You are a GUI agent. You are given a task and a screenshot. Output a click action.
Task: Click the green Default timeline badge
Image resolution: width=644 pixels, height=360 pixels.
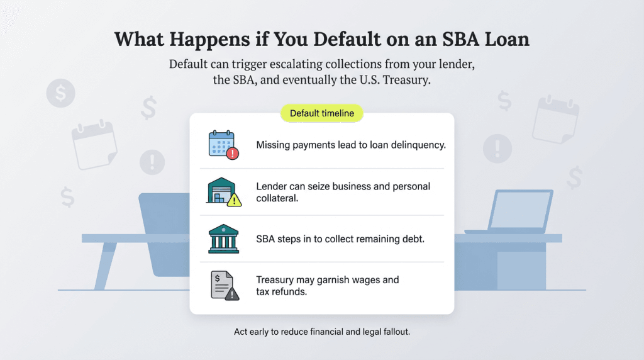coord(321,114)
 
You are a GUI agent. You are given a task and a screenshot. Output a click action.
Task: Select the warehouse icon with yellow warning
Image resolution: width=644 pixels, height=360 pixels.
coord(223,191)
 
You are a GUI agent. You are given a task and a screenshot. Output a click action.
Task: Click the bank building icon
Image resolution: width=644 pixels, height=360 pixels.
coord(223,239)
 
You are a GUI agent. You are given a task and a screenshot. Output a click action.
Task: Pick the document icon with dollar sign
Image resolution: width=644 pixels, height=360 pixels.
coord(223,285)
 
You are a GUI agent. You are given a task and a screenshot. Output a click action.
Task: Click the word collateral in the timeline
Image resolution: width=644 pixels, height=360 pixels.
coord(278,198)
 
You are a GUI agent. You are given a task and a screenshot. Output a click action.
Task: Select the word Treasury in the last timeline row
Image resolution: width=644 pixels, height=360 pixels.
coord(277,279)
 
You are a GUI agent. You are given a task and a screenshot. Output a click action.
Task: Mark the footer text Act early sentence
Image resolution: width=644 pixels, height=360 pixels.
coord(321,331)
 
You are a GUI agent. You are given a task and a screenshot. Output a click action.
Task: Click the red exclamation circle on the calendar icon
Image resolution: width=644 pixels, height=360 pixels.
coord(234,153)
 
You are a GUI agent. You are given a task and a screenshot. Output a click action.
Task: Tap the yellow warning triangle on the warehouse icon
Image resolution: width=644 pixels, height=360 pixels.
coord(235,200)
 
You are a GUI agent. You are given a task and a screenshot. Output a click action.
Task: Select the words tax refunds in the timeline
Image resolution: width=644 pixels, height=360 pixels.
coord(282,292)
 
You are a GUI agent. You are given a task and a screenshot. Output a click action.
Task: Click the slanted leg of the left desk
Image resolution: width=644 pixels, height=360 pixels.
coord(105,265)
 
